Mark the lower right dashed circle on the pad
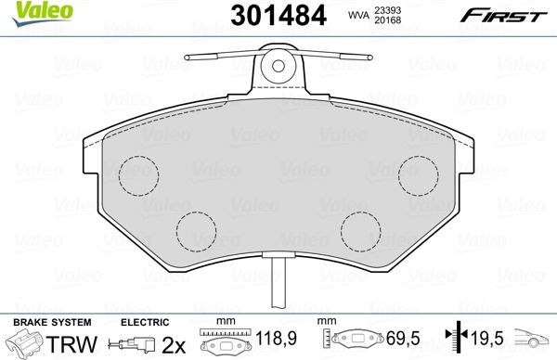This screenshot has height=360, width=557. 360,228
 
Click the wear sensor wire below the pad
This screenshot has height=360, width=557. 278,282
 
